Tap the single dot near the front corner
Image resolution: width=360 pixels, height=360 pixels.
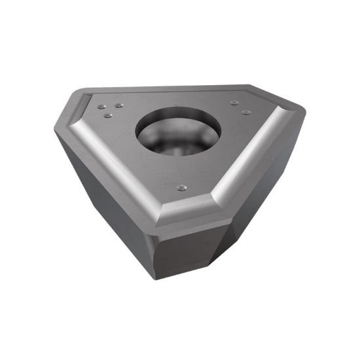coord(182,188)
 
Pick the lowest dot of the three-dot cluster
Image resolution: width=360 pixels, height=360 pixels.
coord(108,116)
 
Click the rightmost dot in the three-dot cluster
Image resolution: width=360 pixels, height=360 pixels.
coord(118,105)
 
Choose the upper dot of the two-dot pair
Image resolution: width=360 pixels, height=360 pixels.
coord(234,102)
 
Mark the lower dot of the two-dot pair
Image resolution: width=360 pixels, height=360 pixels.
coord(245,112)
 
